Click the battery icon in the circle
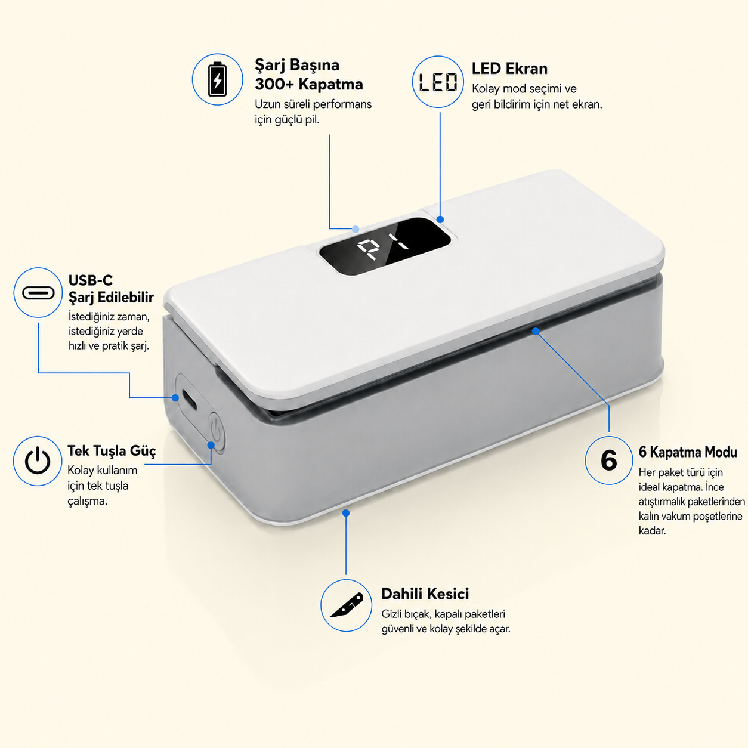[x=217, y=79]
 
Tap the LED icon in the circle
[x=438, y=82]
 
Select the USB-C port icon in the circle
[x=38, y=293]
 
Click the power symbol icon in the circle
[x=38, y=460]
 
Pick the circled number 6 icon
[x=608, y=460]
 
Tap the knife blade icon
[x=346, y=605]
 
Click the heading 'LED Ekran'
[x=509, y=69]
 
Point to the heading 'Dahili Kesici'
[x=425, y=594]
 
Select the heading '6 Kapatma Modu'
[x=688, y=452]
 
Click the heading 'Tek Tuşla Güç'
[x=112, y=451]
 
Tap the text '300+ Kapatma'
[x=308, y=84]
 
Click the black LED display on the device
[x=385, y=246]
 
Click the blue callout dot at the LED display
[x=440, y=220]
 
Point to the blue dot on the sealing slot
[x=536, y=331]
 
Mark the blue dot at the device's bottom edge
[x=346, y=513]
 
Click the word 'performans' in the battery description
[x=342, y=104]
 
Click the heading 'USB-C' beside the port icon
[x=91, y=280]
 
